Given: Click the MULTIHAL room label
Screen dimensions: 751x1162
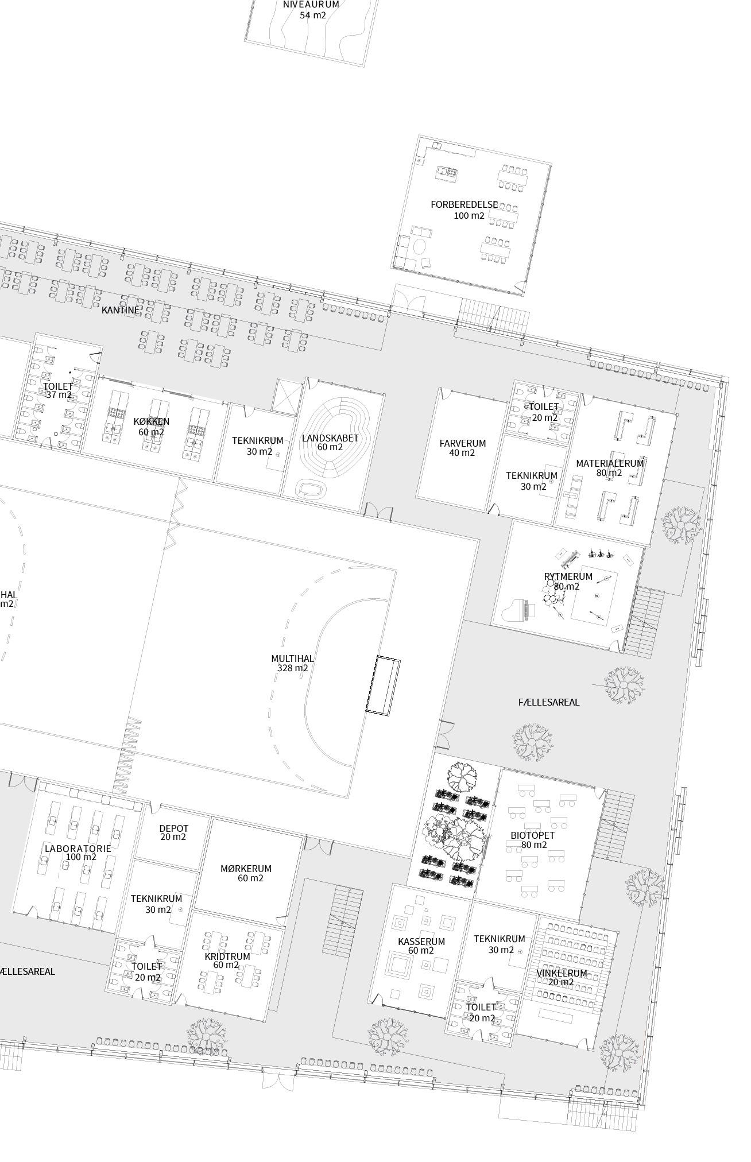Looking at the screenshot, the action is coord(292,659).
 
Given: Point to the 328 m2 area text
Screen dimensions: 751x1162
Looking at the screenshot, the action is coord(292,668).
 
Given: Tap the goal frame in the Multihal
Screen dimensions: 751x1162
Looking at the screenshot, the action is coord(383,686).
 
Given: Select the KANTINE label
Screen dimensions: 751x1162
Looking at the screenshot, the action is coord(121,310).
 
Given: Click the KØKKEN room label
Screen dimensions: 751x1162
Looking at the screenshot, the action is coord(151,421).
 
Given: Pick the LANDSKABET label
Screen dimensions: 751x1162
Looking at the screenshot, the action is coord(330,438).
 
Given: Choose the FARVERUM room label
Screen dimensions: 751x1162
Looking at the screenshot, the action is coord(462,443).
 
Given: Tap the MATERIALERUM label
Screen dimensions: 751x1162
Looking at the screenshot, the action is coord(610,463).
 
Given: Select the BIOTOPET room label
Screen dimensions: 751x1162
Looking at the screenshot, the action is coord(533,835).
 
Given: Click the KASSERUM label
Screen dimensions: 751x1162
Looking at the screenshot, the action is coord(421,942).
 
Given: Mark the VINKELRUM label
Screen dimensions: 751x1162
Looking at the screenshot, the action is coord(561,973).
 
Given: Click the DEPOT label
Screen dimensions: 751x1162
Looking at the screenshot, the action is coord(173,828).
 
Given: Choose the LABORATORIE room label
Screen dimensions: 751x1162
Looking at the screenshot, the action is coord(78,848).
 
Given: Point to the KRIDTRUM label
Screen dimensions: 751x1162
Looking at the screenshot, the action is coord(227,956).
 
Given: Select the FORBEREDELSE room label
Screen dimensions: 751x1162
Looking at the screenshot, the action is coord(464,204).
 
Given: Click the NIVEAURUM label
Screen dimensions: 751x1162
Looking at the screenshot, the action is coord(311,5).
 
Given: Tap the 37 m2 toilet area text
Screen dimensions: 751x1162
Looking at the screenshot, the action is coord(59,395).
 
